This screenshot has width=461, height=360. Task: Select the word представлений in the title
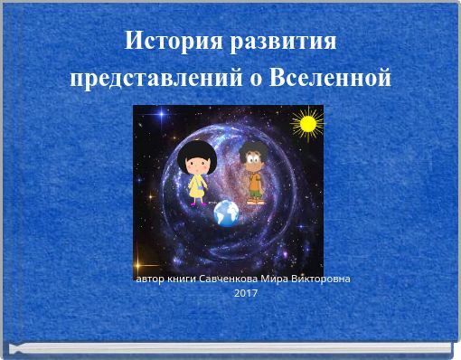pos(154,78)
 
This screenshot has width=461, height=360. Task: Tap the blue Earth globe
pos(226,213)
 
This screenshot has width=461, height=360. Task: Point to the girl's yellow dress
pos(196,186)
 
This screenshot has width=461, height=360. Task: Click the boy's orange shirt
pos(255,182)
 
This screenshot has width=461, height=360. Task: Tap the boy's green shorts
pos(255,191)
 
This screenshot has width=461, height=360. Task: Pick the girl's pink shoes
pos(196,203)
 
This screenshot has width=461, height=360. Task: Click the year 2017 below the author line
pos(245,293)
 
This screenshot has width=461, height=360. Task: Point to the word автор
pos(149,279)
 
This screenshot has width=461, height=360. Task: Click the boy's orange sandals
pos(255,201)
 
